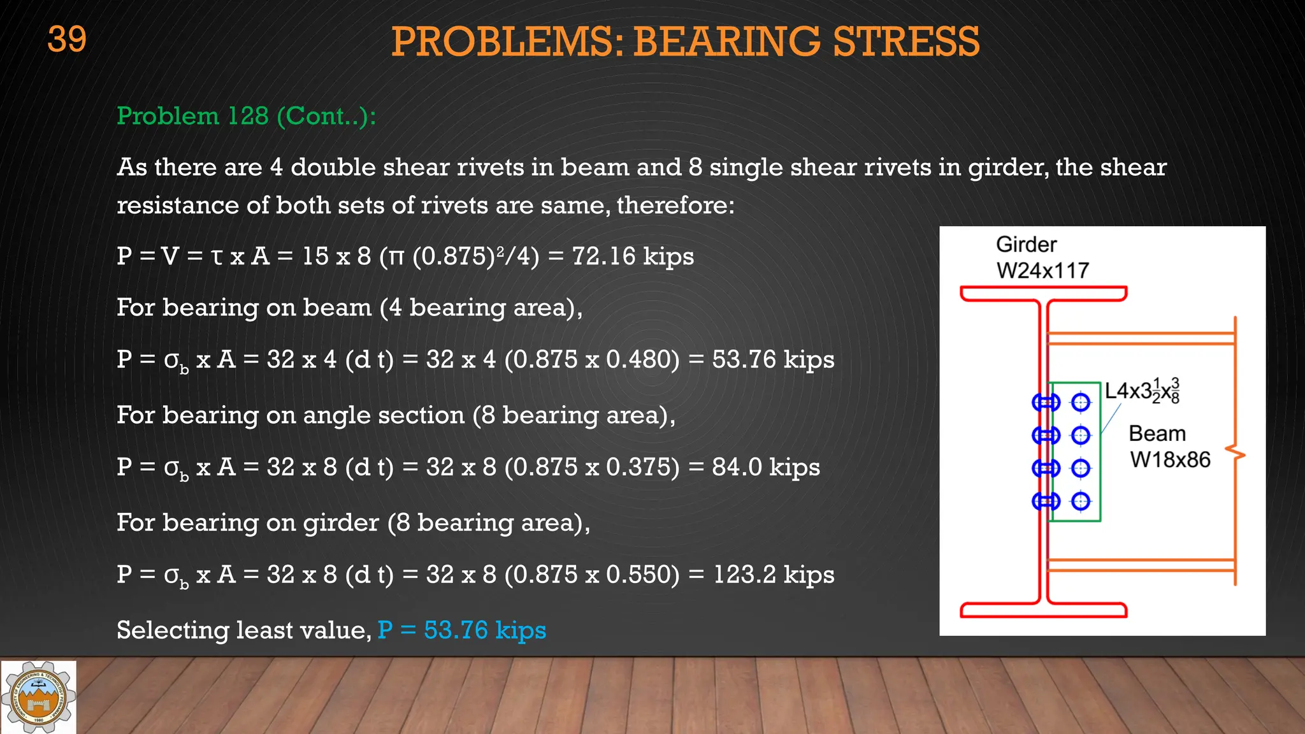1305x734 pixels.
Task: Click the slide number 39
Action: pos(67,40)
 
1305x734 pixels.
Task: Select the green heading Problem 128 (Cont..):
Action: pos(246,116)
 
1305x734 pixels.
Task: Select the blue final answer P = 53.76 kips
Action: pos(461,630)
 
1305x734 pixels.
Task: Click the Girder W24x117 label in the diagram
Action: pos(1042,257)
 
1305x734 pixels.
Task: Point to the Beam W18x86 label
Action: pos(1169,447)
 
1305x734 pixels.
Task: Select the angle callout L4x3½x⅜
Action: pos(1142,391)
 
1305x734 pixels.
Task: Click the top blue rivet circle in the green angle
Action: pos(1081,402)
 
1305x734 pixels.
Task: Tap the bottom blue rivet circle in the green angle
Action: pos(1081,501)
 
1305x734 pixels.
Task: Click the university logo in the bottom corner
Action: pos(38,697)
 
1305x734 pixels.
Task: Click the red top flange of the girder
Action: pos(1043,294)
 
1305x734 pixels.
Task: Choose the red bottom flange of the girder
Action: pos(1043,610)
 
